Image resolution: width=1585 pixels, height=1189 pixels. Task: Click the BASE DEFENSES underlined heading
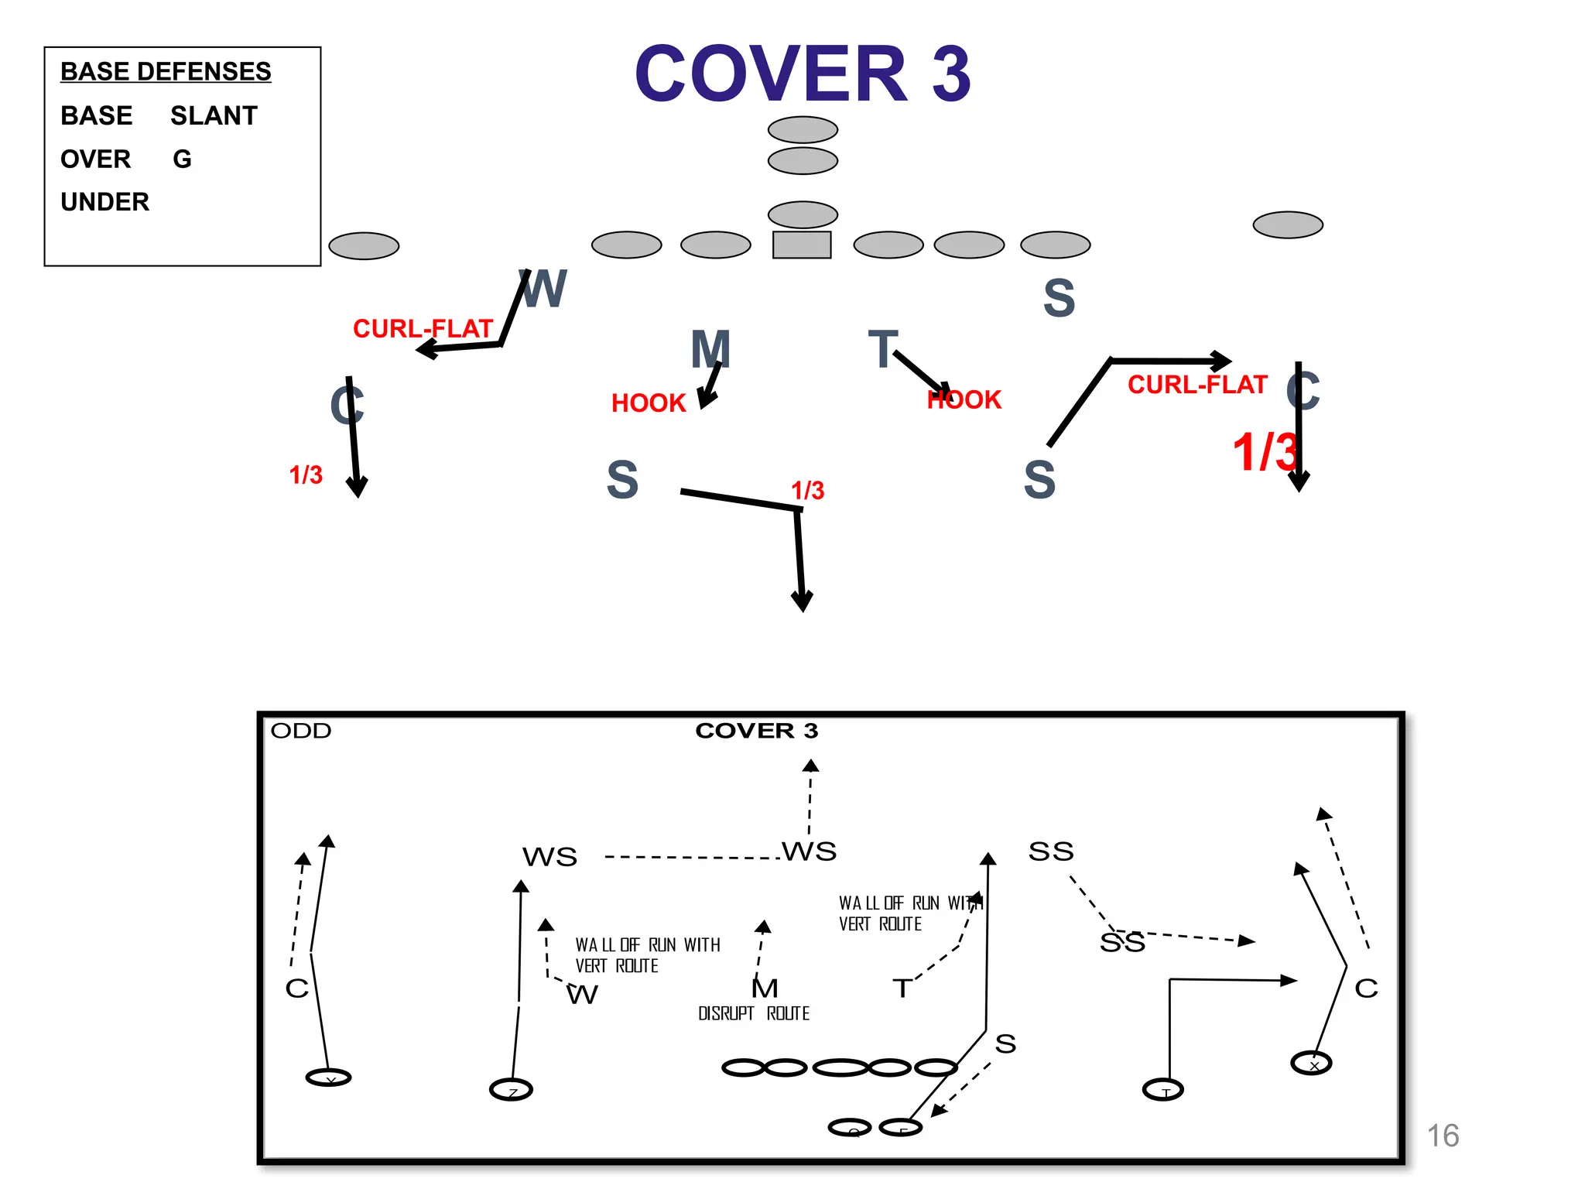[166, 71]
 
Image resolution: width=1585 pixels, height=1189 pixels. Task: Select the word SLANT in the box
[214, 115]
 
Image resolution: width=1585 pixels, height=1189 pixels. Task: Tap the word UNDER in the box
[104, 202]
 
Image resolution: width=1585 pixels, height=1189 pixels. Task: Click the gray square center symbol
[802, 245]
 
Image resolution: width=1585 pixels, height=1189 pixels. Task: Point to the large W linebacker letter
[544, 290]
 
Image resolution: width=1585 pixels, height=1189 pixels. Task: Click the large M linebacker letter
[710, 349]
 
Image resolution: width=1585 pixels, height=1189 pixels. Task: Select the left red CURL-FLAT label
[423, 328]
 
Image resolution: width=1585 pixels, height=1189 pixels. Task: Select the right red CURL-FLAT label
[1197, 384]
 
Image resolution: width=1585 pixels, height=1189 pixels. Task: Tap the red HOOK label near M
[649, 403]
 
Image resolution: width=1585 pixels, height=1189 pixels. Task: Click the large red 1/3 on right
[1264, 452]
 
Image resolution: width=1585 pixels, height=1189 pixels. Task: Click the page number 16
[1443, 1136]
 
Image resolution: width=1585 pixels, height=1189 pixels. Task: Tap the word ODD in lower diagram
[301, 731]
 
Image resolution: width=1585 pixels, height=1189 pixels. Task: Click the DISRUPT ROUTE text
[753, 1013]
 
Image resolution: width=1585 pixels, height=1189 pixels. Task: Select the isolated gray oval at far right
[1288, 224]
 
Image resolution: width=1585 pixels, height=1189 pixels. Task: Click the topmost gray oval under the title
[803, 129]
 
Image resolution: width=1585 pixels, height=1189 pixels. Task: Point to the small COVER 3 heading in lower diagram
[756, 730]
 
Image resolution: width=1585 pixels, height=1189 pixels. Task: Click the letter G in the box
[182, 159]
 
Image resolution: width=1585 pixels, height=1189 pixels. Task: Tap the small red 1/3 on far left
[306, 475]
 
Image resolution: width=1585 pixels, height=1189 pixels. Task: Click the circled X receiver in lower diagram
[1311, 1064]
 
